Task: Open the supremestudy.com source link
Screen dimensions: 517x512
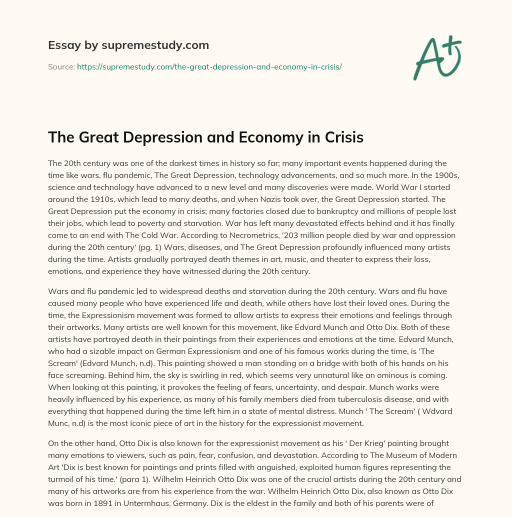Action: (x=209, y=66)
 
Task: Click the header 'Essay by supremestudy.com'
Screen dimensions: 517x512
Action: (x=128, y=45)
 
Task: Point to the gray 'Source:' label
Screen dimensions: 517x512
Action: (x=61, y=66)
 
